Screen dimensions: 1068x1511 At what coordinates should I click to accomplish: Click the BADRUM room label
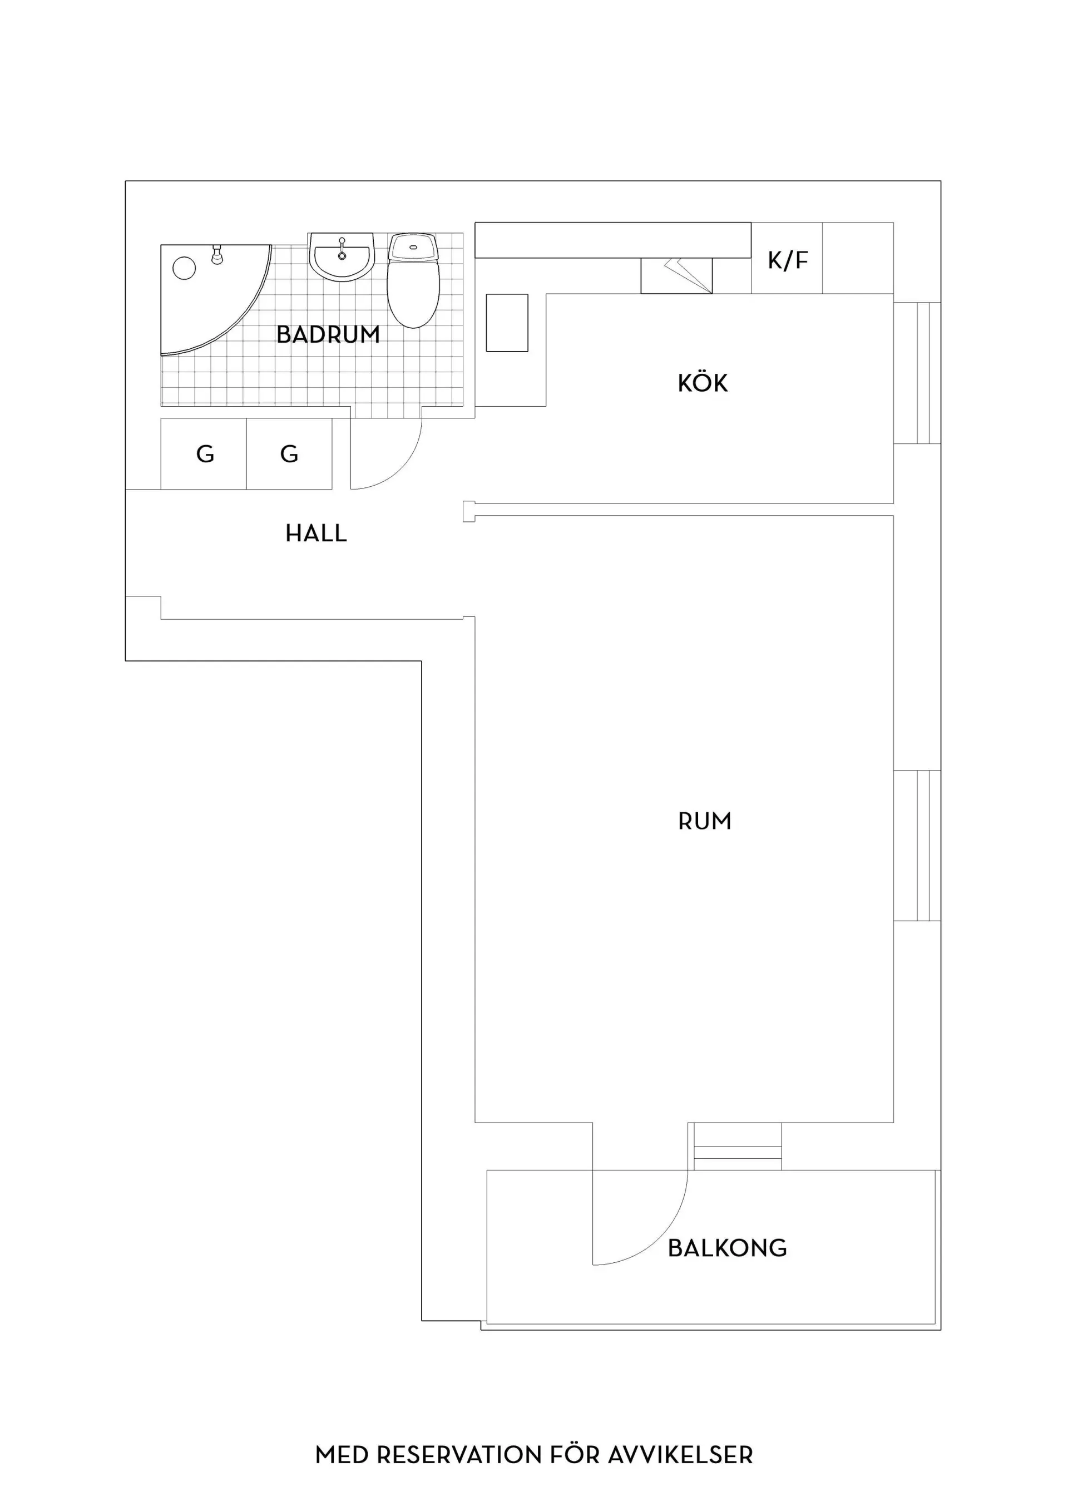click(328, 335)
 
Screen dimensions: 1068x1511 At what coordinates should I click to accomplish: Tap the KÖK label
click(703, 383)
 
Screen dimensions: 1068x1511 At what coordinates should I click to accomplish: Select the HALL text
click(316, 533)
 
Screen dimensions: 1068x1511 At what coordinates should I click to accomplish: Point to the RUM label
click(705, 821)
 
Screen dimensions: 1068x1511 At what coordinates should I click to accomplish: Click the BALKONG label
click(727, 1248)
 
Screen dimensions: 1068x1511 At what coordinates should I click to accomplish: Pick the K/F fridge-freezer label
click(788, 260)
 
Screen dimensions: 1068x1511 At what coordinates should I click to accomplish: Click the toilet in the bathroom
click(413, 281)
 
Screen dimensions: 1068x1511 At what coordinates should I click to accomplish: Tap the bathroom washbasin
click(342, 256)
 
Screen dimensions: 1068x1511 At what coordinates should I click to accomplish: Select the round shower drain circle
click(184, 268)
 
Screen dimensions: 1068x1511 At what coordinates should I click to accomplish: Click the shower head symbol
click(216, 254)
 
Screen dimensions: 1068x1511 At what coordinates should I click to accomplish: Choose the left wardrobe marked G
click(204, 454)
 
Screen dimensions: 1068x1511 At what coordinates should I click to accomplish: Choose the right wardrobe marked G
click(290, 454)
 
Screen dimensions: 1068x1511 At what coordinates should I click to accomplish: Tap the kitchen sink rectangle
click(507, 323)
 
